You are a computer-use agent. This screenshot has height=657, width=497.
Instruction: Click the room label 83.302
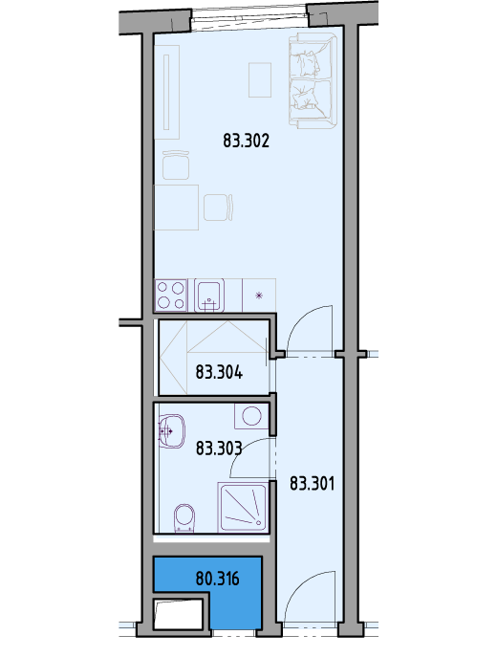click(246, 141)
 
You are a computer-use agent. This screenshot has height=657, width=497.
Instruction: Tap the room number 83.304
click(219, 372)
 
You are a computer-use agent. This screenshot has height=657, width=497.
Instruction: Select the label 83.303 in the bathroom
click(219, 449)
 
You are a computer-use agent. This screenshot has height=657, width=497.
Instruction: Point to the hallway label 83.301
click(313, 484)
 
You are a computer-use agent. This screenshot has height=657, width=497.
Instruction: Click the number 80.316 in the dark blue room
click(217, 580)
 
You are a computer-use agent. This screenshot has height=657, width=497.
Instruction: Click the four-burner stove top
click(171, 296)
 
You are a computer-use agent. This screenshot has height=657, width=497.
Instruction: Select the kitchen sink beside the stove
click(209, 296)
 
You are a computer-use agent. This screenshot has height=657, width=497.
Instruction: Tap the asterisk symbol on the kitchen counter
click(259, 296)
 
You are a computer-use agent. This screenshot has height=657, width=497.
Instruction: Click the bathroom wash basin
click(171, 431)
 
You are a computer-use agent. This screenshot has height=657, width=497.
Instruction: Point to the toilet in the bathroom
click(184, 518)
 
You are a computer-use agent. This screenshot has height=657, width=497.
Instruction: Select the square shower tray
click(243, 508)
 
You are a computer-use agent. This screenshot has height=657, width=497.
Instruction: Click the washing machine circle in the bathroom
click(251, 416)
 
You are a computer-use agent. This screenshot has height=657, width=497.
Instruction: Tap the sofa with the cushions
click(313, 80)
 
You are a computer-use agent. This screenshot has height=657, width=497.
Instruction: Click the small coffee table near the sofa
click(260, 79)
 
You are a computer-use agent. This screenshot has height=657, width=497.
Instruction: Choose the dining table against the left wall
click(176, 208)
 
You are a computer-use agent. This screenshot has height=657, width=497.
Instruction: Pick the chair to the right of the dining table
click(218, 207)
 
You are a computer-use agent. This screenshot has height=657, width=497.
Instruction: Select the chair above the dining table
click(176, 164)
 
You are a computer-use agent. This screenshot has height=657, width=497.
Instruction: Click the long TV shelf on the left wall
click(167, 92)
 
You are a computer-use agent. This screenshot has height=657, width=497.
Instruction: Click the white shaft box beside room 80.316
click(178, 614)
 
